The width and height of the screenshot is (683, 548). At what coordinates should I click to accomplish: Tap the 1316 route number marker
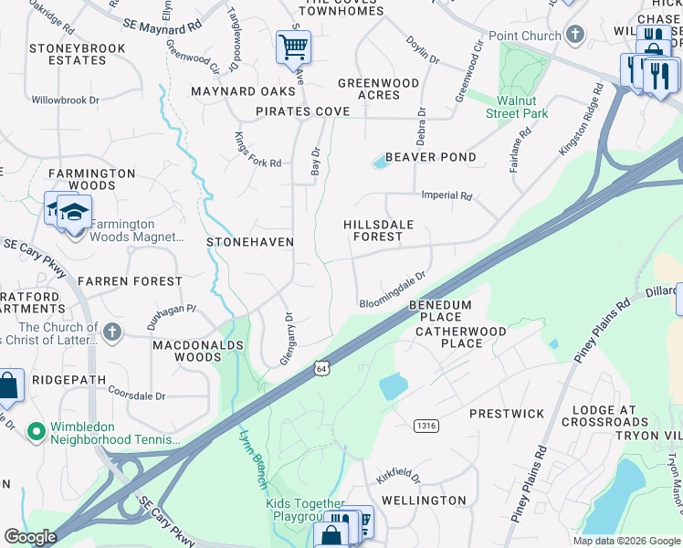[425, 426]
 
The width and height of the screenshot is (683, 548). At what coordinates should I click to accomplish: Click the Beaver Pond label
[431, 157]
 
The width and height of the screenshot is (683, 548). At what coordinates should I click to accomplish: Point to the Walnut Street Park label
[522, 107]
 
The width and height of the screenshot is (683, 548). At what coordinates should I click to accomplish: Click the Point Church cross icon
[574, 35]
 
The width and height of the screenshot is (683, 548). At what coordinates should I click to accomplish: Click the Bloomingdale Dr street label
[394, 290]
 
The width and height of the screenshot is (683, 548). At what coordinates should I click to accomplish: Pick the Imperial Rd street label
[447, 195]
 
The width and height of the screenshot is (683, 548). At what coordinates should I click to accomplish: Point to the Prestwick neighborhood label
[507, 414]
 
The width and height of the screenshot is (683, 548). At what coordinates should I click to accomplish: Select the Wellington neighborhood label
[424, 501]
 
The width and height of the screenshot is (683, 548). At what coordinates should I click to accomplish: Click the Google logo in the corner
[30, 537]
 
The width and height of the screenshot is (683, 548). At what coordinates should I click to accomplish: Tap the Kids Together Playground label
[305, 510]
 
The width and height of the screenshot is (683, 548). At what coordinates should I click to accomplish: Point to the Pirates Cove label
[302, 111]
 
